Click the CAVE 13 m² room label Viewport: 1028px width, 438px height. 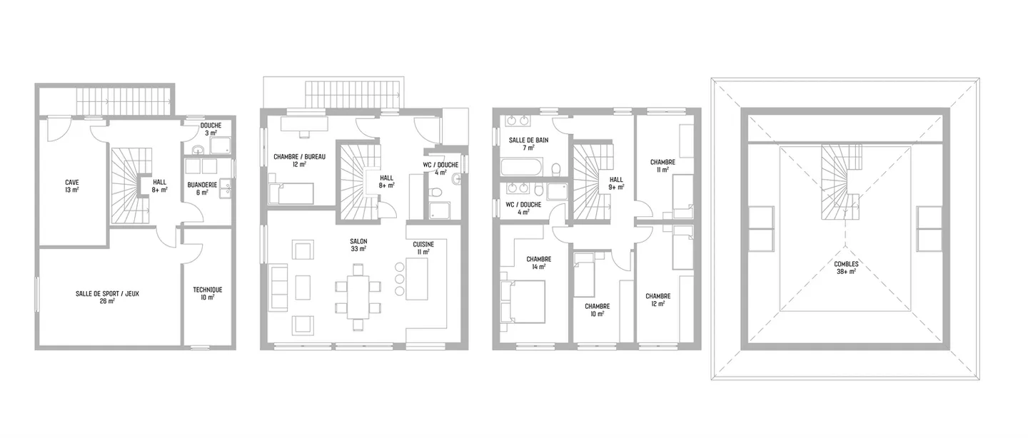pyautogui.click(x=71, y=186)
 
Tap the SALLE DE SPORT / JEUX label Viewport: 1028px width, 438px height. pyautogui.click(x=107, y=297)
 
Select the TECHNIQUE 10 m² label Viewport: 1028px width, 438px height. pyautogui.click(x=208, y=293)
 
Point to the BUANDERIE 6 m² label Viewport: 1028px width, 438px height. pyautogui.click(x=202, y=188)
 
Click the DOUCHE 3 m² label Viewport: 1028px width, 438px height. pyautogui.click(x=211, y=129)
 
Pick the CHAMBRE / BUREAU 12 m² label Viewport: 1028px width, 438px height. pyautogui.click(x=299, y=161)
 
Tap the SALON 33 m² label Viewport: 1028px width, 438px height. pyautogui.click(x=358, y=245)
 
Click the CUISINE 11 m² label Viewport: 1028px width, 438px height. pyautogui.click(x=423, y=248)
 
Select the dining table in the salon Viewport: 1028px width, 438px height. pyautogui.click(x=358, y=297)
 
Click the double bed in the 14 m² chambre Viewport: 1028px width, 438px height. pyautogui.click(x=523, y=302)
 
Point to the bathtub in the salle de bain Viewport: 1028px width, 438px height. pyautogui.click(x=522, y=167)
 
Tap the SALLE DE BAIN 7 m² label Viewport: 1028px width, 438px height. pyautogui.click(x=528, y=144)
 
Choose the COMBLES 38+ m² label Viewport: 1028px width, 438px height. pyautogui.click(x=846, y=268)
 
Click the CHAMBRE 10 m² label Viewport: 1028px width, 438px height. pyautogui.click(x=597, y=310)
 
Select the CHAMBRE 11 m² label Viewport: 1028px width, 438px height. pyautogui.click(x=662, y=166)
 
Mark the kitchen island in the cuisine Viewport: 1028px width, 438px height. pyautogui.click(x=417, y=279)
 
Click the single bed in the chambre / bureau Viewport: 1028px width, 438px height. pyautogui.click(x=291, y=193)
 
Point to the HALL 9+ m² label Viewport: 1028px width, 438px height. pyautogui.click(x=616, y=183)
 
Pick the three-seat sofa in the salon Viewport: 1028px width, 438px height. pyautogui.click(x=279, y=287)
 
